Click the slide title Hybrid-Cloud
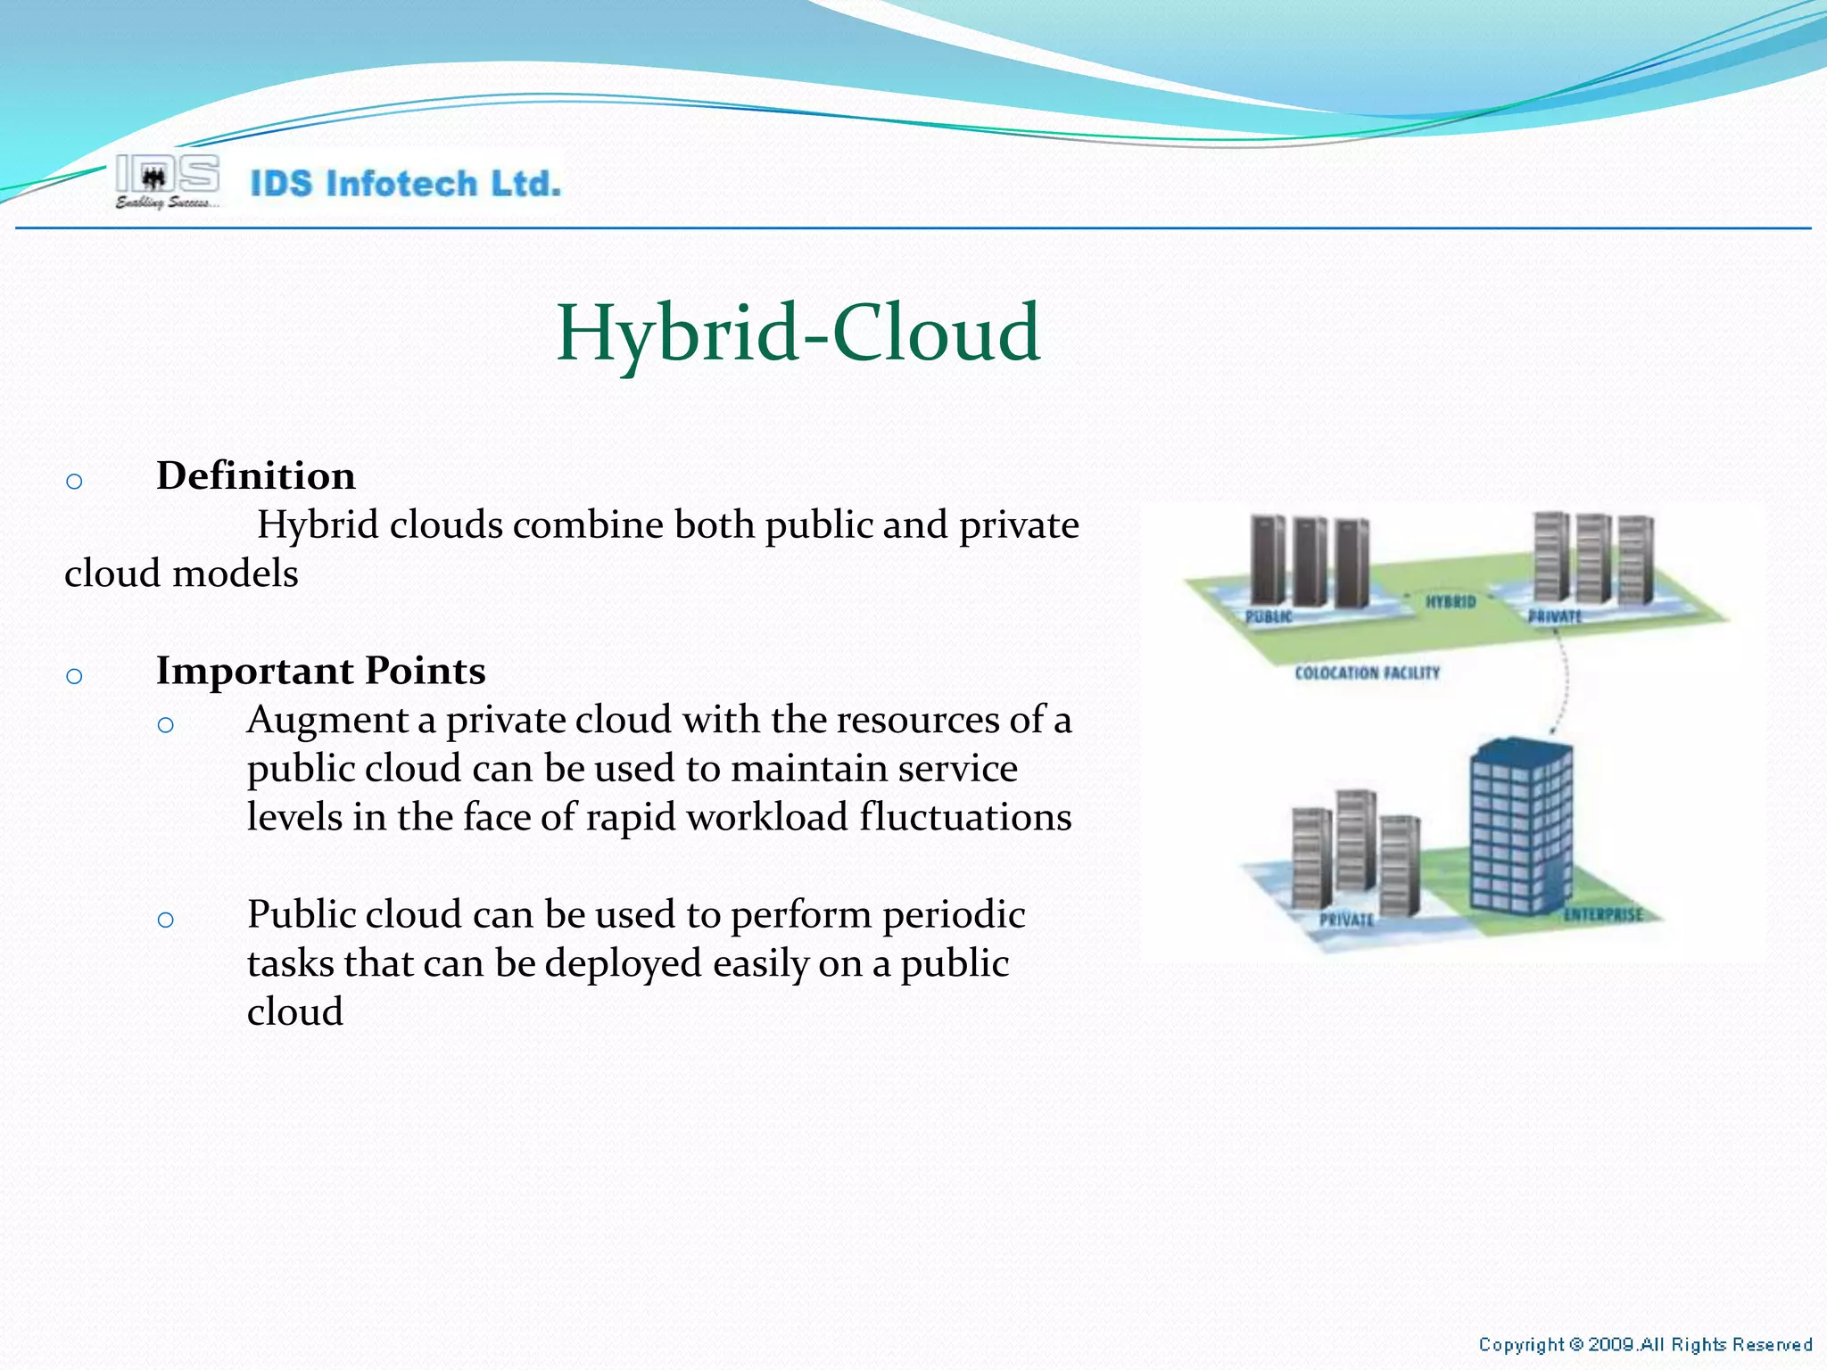(798, 334)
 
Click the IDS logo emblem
(167, 175)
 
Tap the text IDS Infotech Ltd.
(405, 184)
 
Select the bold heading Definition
(255, 475)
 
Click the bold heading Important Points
(320, 671)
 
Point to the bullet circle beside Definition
(74, 483)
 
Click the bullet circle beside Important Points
(74, 677)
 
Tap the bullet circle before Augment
(165, 725)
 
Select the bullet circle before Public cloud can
(165, 920)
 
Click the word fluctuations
(965, 818)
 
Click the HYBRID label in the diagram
(1450, 602)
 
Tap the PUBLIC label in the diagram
(1268, 617)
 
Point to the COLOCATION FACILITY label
(1367, 673)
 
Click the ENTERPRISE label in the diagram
(1602, 915)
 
